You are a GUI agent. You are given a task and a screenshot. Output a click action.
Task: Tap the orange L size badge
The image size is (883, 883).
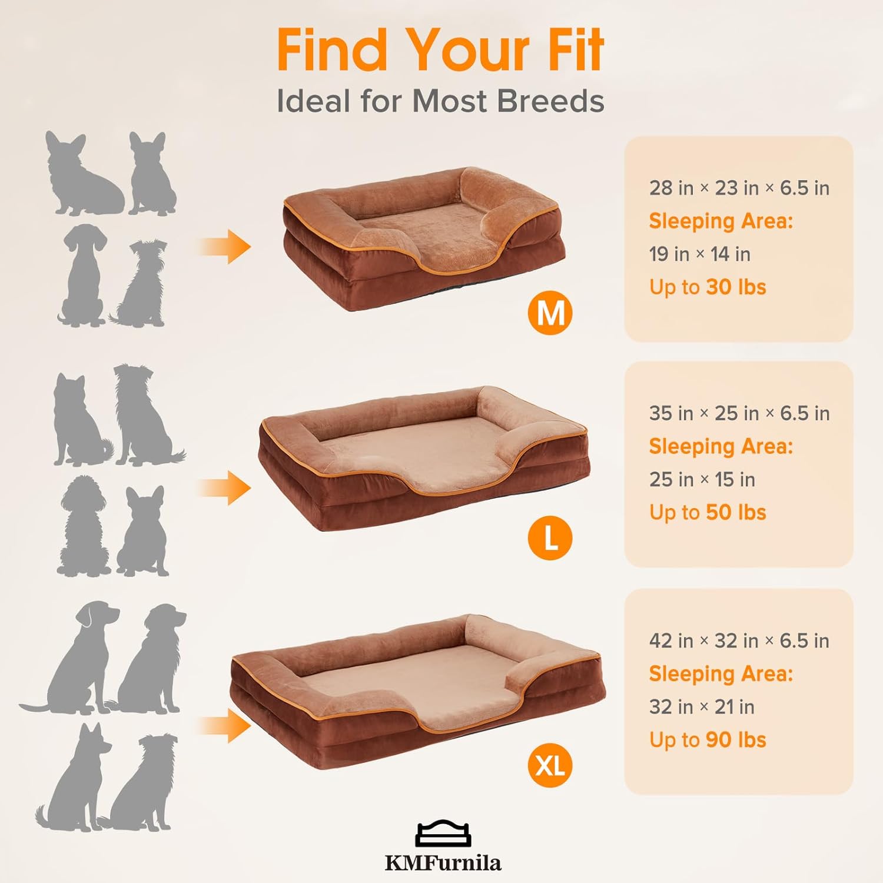click(550, 538)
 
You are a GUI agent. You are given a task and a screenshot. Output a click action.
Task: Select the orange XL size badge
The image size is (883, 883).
click(550, 765)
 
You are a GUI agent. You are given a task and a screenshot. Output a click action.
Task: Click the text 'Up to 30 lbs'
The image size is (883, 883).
click(708, 287)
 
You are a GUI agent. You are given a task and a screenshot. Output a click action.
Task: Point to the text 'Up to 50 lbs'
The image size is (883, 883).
click(708, 513)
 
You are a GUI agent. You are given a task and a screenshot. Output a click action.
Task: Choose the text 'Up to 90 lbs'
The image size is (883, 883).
click(708, 740)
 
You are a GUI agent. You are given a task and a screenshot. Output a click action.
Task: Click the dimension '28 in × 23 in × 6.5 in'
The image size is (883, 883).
click(739, 188)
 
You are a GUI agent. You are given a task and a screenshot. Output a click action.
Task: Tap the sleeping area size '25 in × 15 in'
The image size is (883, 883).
click(702, 480)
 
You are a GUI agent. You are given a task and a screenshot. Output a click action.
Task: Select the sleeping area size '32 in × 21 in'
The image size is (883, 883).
click(702, 707)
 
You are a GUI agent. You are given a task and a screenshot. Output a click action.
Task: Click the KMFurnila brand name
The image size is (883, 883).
click(443, 863)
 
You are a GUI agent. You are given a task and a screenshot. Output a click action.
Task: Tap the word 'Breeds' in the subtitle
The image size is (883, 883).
click(550, 101)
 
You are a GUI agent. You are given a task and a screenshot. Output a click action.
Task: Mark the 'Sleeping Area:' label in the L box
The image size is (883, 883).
click(721, 447)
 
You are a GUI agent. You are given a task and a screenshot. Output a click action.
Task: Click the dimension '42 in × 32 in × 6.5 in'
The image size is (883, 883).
click(739, 641)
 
